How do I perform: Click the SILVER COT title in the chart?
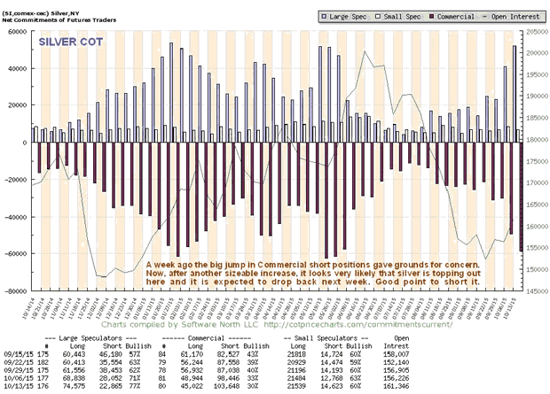[68, 41]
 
